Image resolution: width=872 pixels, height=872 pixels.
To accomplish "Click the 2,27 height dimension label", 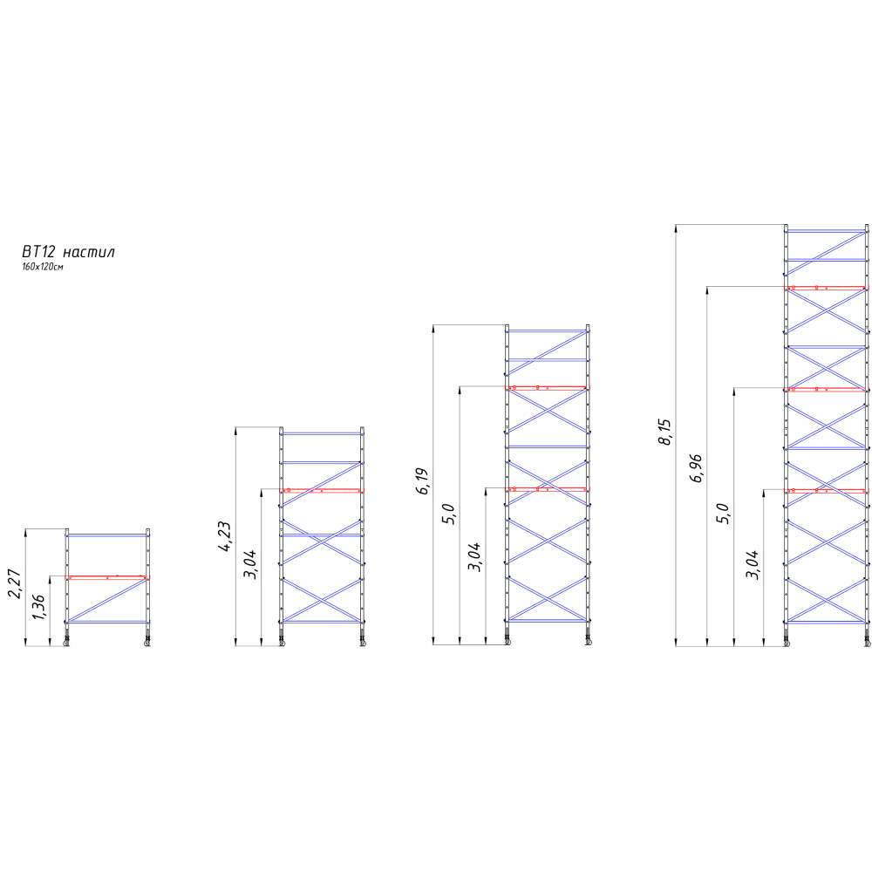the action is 15,583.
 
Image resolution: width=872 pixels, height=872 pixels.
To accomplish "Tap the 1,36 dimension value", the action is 39,608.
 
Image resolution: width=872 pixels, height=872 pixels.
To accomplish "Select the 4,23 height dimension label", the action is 225,536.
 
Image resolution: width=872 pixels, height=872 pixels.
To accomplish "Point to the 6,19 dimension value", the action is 423,481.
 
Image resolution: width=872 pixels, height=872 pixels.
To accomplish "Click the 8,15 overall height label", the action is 665,433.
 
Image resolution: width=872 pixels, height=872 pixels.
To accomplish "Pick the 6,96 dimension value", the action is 696,468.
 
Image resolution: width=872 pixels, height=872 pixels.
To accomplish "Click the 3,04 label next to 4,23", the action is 251,564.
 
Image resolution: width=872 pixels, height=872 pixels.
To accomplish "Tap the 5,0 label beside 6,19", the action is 449,514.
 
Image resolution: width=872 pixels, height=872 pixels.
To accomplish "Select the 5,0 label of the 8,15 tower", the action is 723,514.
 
